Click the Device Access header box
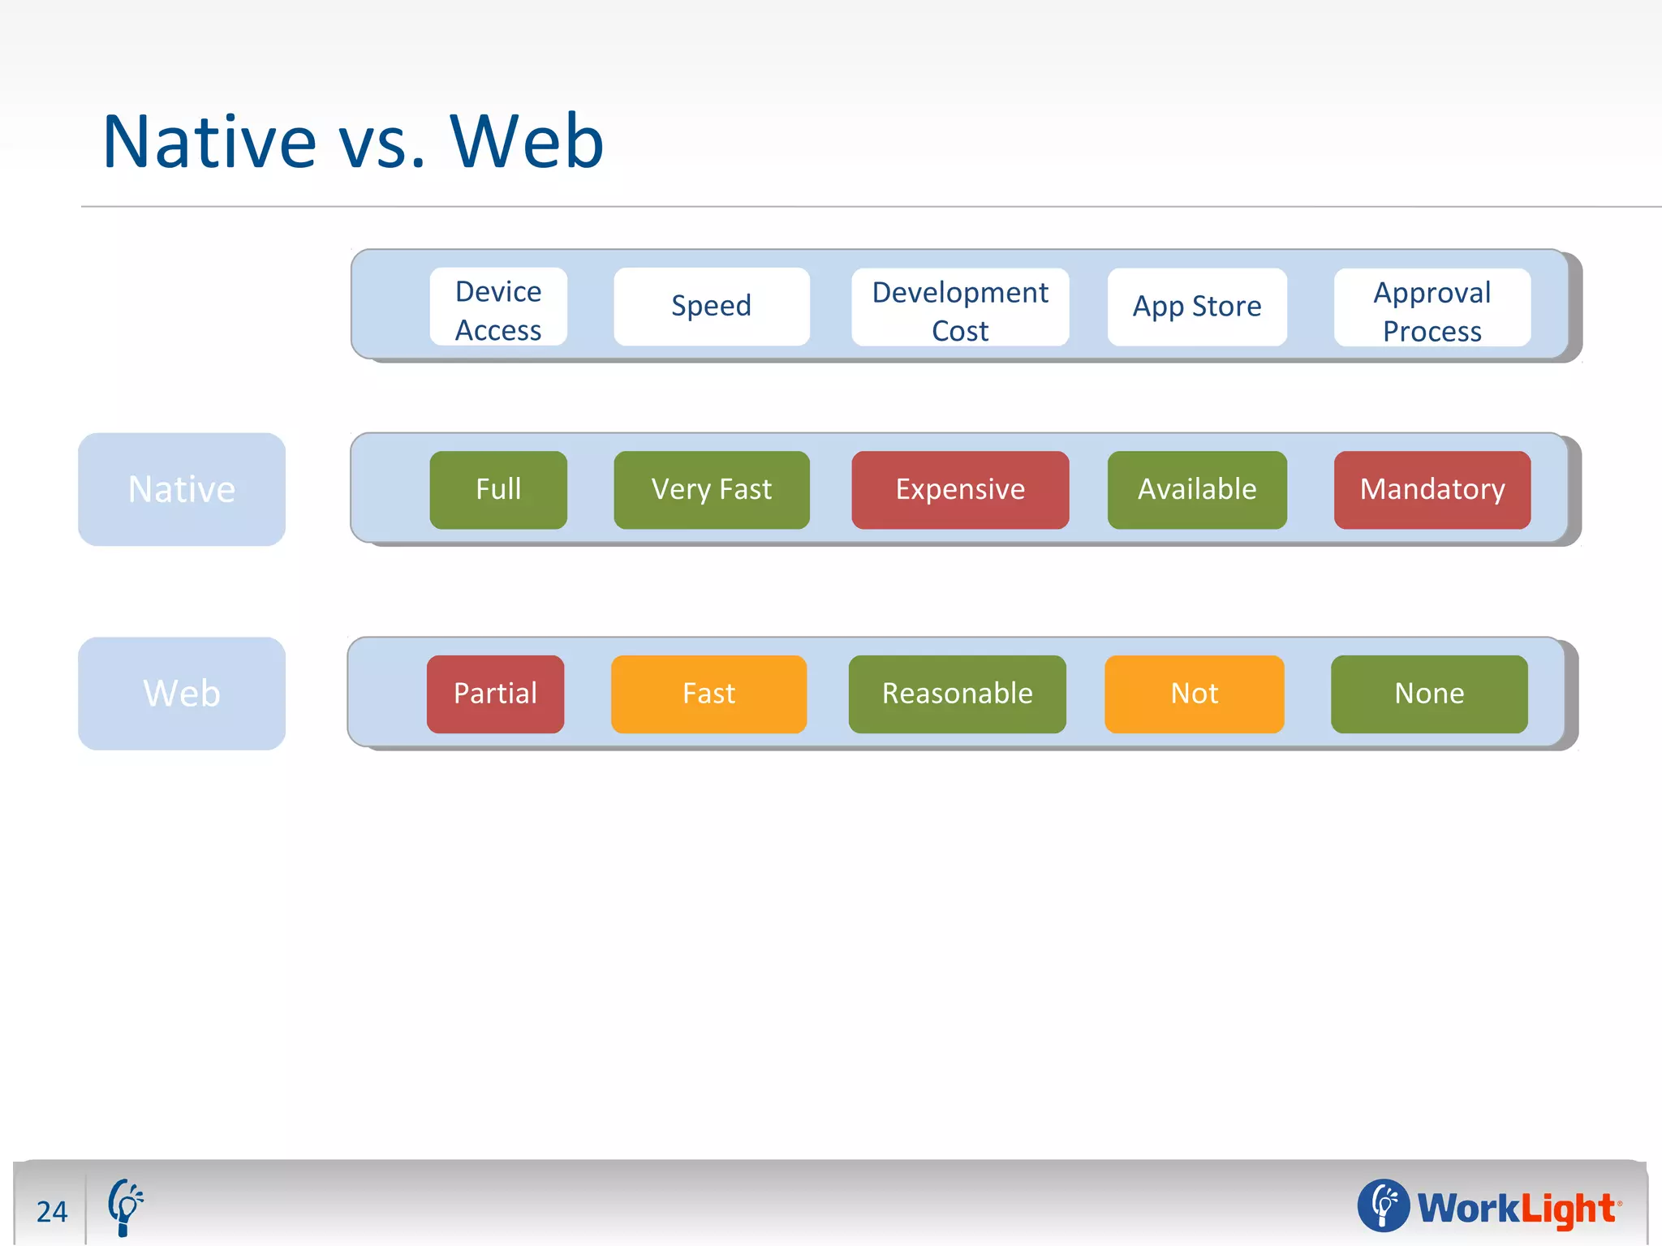498,307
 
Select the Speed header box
712,307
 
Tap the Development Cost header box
960,307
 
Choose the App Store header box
1197,307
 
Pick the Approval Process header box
1432,307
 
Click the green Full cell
498,490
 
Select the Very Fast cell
712,490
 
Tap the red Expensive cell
960,490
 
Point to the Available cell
1197,490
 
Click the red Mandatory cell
1432,490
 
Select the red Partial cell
495,694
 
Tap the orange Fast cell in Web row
708,694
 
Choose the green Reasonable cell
957,694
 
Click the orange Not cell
1194,694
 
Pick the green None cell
1429,694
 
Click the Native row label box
182,489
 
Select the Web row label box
182,694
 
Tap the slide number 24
52,1212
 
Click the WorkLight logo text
1516,1209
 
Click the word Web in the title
527,142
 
